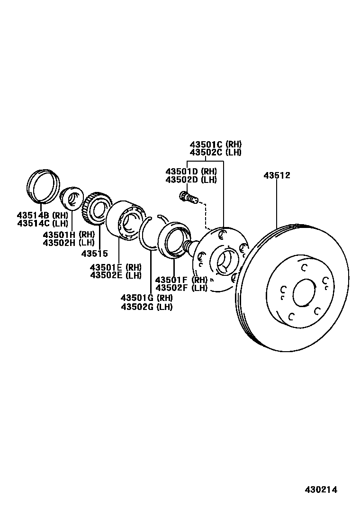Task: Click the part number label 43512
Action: [x=277, y=175]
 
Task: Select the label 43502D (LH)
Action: [x=191, y=180]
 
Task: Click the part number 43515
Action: [x=94, y=254]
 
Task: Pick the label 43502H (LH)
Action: [x=69, y=243]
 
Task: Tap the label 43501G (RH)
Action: [x=146, y=298]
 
